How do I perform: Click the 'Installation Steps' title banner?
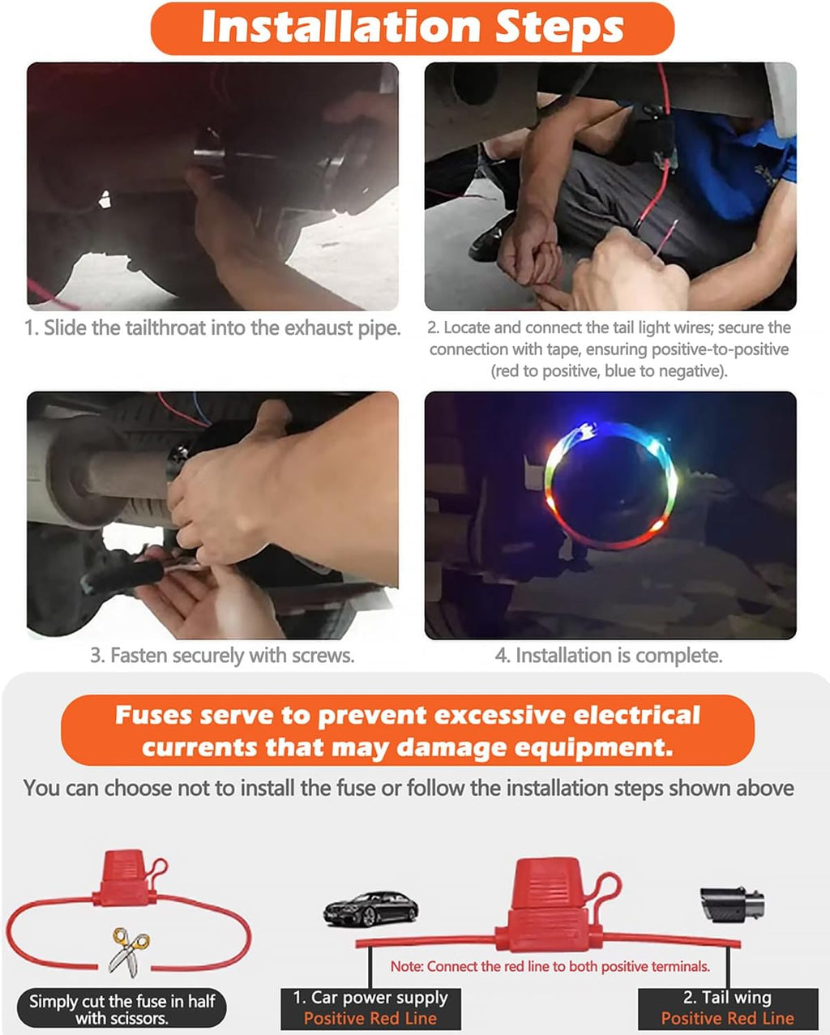pyautogui.click(x=413, y=28)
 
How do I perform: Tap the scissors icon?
pyautogui.click(x=128, y=952)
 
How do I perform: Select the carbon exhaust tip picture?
pyautogui.click(x=732, y=905)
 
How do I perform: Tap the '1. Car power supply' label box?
pyautogui.click(x=370, y=1008)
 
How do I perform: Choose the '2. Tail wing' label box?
pyautogui.click(x=728, y=1008)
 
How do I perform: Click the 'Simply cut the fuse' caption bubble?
pyautogui.click(x=122, y=1009)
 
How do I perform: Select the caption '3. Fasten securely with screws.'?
pyautogui.click(x=222, y=656)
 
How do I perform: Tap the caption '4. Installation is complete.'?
pyautogui.click(x=609, y=656)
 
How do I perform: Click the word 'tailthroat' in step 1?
pyautogui.click(x=166, y=328)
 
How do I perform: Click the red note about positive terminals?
pyautogui.click(x=550, y=966)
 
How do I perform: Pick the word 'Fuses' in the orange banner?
pyautogui.click(x=153, y=715)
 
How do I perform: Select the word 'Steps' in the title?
pyautogui.click(x=559, y=28)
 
